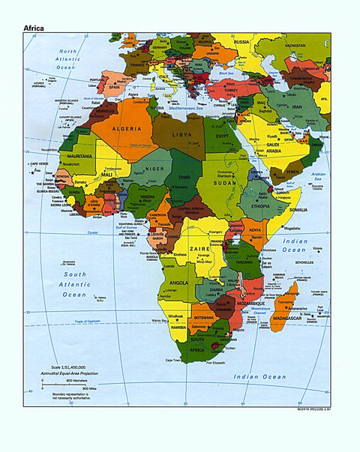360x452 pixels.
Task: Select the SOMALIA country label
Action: coord(291,211)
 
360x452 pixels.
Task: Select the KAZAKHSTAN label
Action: coord(295,46)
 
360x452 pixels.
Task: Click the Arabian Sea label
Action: coord(320,177)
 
